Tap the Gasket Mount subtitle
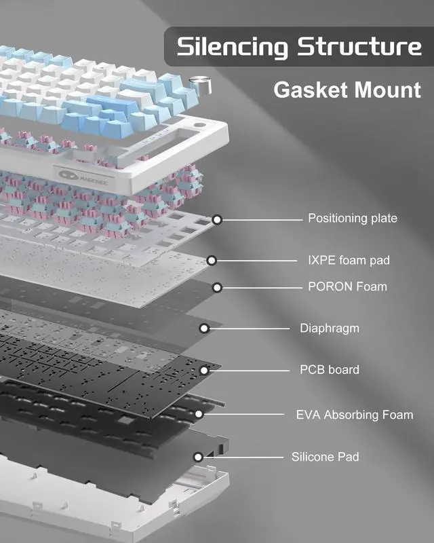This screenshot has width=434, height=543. [x=347, y=90]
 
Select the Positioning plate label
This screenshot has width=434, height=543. [x=353, y=219]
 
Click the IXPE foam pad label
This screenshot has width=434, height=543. [x=349, y=260]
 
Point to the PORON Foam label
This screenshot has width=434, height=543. [x=347, y=286]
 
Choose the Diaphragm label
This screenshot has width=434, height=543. [x=330, y=329]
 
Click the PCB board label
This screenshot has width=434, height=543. [x=330, y=370]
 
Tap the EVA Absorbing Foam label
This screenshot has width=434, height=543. [x=355, y=415]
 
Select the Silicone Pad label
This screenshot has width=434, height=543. [x=325, y=457]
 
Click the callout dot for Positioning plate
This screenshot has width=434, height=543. [x=217, y=219]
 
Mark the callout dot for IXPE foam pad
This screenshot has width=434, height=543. [x=212, y=260]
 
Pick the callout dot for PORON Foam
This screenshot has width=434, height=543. [x=217, y=288]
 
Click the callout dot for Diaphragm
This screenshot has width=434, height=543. [x=204, y=329]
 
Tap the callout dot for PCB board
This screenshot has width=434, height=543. [x=204, y=370]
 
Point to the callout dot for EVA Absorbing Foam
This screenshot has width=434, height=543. [x=199, y=414]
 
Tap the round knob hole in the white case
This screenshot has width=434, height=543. [x=201, y=126]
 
